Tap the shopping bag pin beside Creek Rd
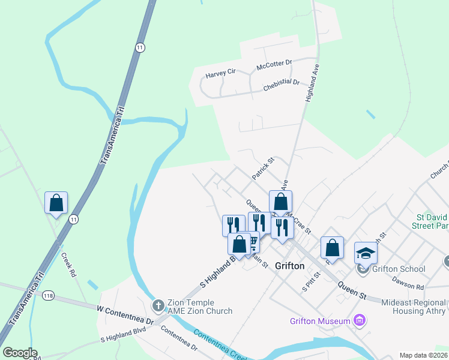coord(56,203)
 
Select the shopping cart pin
coord(253,241)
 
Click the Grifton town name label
coord(289,266)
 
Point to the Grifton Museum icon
coord(360,321)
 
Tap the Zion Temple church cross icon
coord(158,306)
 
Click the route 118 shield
coord(49,295)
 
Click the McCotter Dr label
coord(274,64)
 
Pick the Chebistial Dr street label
coord(281,85)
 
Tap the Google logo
coord(20,353)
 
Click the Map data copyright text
coord(424,355)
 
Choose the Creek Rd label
coord(69,264)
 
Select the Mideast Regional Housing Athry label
coord(414,307)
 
